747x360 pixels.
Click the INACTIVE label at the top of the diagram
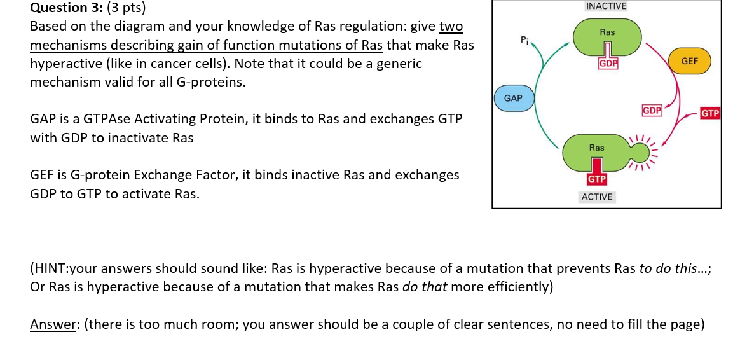tap(606, 6)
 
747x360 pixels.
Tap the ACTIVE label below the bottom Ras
tap(597, 197)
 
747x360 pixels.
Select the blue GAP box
tap(513, 98)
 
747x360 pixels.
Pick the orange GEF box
tap(689, 61)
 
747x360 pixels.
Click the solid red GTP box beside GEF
tap(709, 114)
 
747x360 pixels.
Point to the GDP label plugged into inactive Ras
tap(608, 64)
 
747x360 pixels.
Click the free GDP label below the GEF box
tap(652, 109)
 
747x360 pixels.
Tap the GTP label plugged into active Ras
tap(596, 179)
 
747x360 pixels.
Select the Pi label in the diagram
tap(524, 41)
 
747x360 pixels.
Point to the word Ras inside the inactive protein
tap(607, 32)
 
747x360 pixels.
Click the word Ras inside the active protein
tap(596, 148)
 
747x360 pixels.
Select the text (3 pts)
tap(126, 8)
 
